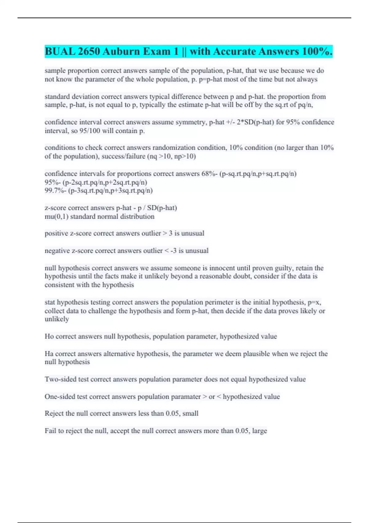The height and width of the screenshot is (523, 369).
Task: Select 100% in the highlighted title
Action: [x=317, y=51]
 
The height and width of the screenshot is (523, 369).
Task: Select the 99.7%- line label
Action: [x=55, y=191]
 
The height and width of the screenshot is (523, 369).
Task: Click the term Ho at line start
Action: [x=49, y=336]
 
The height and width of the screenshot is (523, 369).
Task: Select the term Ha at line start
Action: [x=49, y=354]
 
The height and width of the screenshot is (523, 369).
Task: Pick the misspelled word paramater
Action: [x=184, y=397]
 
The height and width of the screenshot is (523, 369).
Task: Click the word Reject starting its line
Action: [x=53, y=413]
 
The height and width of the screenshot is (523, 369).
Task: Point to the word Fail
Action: [x=50, y=431]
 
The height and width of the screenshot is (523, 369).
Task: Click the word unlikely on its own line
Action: [x=57, y=319]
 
